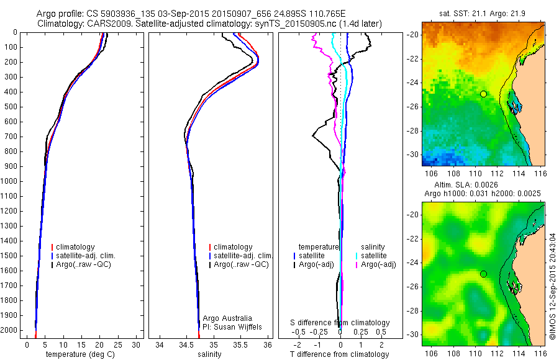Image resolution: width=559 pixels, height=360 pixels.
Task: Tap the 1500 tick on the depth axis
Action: click(x=10, y=256)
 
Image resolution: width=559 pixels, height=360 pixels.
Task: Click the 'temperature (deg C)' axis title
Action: click(x=78, y=354)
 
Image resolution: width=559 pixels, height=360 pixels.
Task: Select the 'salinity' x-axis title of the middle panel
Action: click(x=209, y=354)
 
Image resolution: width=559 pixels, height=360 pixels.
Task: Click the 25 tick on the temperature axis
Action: click(x=118, y=344)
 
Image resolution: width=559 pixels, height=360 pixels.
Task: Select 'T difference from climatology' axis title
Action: click(x=340, y=354)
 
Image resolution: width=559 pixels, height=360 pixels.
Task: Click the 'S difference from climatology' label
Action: click(x=340, y=323)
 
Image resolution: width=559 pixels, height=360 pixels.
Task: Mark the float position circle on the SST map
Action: click(x=483, y=94)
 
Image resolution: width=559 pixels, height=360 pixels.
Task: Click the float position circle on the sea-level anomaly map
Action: click(x=483, y=274)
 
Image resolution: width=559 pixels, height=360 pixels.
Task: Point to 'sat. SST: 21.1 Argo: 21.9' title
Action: click(x=483, y=13)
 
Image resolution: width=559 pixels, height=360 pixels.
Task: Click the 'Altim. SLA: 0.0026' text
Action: click(x=483, y=186)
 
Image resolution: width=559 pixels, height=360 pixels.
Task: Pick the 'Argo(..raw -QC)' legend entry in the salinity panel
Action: click(x=241, y=264)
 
